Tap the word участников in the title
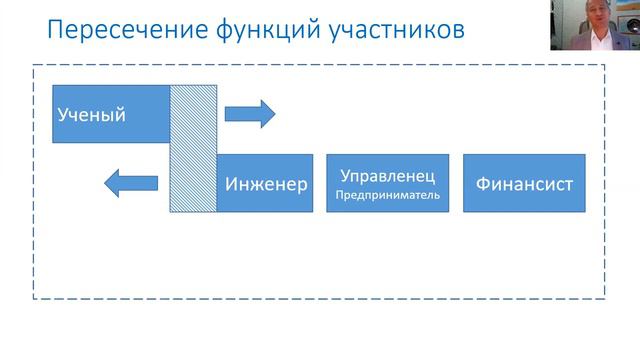(397, 30)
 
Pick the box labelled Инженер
(265, 183)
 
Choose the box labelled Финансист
(524, 183)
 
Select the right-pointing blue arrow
(249, 113)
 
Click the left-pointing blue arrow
(131, 183)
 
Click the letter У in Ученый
(62, 115)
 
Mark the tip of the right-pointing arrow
(274, 113)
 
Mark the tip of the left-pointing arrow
(105, 183)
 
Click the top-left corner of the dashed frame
(34, 66)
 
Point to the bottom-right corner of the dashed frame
(604, 298)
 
